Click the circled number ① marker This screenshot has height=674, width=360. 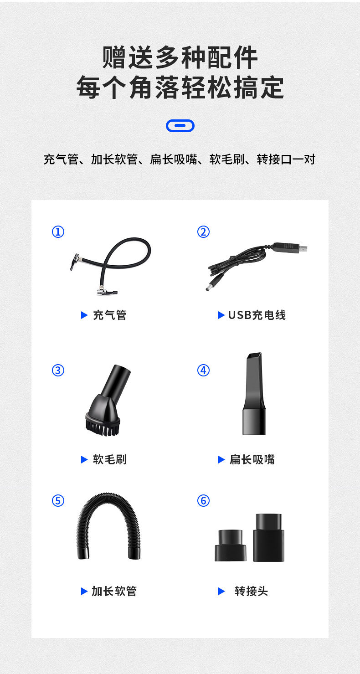(x=58, y=232)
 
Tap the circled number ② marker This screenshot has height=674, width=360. (x=204, y=232)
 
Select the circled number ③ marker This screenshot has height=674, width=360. (x=58, y=370)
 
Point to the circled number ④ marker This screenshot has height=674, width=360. (x=204, y=370)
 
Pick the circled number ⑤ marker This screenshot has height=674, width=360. (x=58, y=501)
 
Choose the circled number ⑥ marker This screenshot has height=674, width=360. (x=204, y=501)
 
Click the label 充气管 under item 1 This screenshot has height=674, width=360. (x=109, y=315)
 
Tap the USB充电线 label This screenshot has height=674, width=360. (x=257, y=315)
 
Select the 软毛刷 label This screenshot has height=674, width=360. (x=109, y=459)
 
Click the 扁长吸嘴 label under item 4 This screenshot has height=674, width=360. (x=252, y=459)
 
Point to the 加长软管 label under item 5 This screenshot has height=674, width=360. (x=114, y=591)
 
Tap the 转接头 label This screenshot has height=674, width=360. (x=252, y=591)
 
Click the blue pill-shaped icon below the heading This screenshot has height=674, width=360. (x=180, y=126)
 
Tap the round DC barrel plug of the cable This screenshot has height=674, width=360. (x=213, y=285)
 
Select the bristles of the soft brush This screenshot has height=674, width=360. (x=103, y=427)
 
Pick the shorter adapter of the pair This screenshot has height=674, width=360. (x=230, y=545)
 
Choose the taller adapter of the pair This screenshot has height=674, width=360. (x=268, y=537)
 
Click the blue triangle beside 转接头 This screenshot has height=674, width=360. (x=221, y=591)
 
